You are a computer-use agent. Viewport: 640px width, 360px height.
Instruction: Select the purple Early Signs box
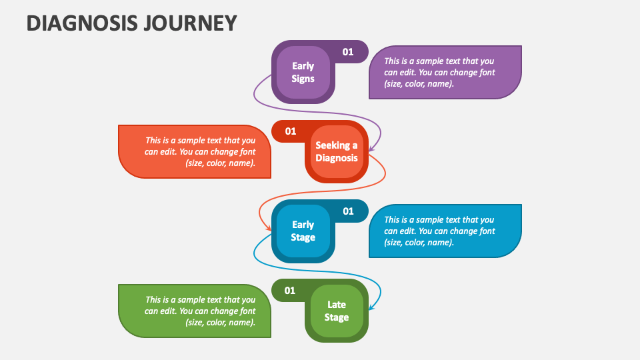[x=303, y=72]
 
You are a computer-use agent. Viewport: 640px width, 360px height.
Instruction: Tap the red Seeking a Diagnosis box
[x=337, y=151]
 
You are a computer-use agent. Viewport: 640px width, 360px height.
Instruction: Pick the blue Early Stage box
[x=303, y=231]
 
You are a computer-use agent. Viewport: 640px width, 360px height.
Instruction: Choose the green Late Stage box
[x=337, y=311]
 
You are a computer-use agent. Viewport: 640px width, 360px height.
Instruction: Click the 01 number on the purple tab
[x=348, y=51]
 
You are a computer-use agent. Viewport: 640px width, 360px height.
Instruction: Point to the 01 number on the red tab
[x=291, y=131]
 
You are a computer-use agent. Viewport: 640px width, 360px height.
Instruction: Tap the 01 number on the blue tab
[x=348, y=211]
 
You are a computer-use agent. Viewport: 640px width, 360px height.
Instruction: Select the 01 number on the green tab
[x=290, y=290]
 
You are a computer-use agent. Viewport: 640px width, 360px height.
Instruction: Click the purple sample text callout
[x=445, y=72]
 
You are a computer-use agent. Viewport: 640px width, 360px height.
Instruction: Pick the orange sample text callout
[x=195, y=151]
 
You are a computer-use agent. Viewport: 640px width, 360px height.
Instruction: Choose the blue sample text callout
[x=445, y=231]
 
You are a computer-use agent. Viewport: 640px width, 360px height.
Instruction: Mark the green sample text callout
[x=195, y=311]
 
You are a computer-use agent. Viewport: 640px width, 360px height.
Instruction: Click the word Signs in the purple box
[x=303, y=79]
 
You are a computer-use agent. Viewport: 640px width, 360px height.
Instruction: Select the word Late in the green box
[x=337, y=304]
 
